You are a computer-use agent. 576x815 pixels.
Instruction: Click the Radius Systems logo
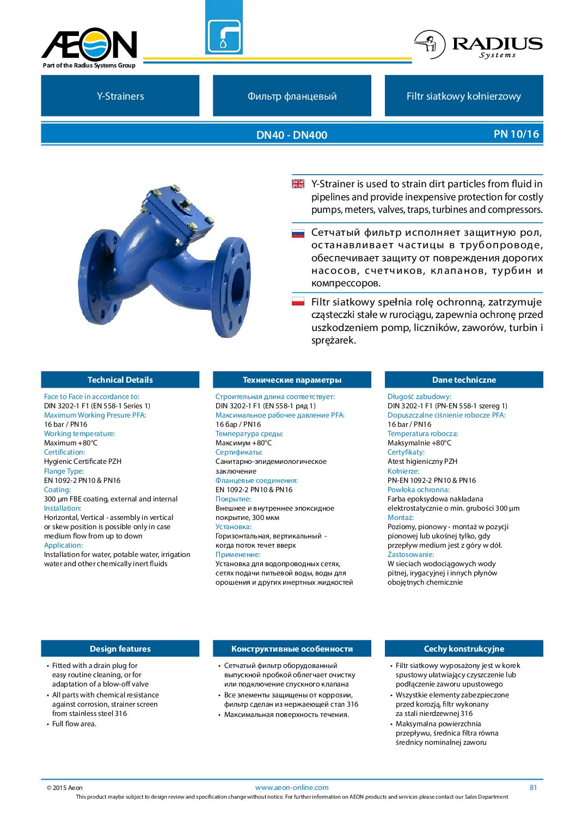click(x=478, y=45)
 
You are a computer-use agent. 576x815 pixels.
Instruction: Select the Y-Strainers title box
click(x=120, y=96)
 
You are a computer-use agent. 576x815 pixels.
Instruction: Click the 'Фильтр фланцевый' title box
click(x=292, y=96)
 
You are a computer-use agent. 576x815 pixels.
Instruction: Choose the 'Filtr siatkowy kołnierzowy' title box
click(x=464, y=96)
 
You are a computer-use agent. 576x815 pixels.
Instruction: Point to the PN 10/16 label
click(x=516, y=134)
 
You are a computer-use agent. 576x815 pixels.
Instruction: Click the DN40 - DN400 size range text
click(x=292, y=135)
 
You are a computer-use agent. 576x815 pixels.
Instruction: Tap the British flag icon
click(x=298, y=184)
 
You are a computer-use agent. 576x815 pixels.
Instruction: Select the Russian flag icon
click(x=298, y=234)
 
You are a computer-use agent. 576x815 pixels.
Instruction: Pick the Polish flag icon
click(x=298, y=301)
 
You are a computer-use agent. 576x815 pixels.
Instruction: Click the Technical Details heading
click(x=120, y=380)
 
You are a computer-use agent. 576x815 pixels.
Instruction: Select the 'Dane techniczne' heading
click(x=464, y=380)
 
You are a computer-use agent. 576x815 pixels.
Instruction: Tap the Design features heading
click(x=120, y=649)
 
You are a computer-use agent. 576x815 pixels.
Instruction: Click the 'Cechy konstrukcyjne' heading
click(x=464, y=649)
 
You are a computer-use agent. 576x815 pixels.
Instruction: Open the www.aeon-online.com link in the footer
click(x=292, y=787)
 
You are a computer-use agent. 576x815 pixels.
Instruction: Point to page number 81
click(x=533, y=787)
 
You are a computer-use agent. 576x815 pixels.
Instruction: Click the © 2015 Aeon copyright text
click(x=65, y=788)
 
